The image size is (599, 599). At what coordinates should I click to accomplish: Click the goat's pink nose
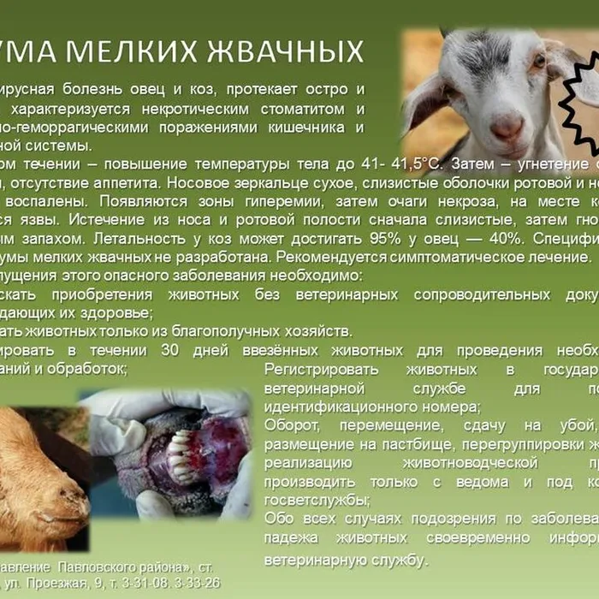507,128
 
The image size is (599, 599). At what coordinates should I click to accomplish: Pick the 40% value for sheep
502,239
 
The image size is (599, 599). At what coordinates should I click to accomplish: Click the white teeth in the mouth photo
181,453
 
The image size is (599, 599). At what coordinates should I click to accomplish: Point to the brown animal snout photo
43,479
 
